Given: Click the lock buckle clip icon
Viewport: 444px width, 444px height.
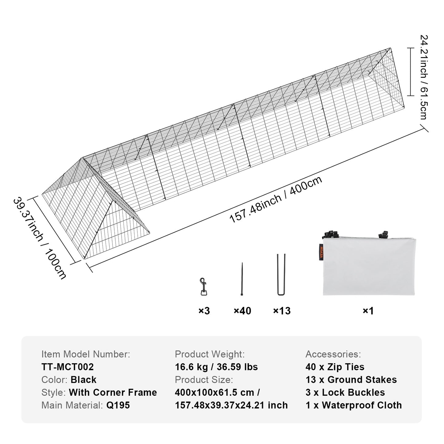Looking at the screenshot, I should (x=203, y=287).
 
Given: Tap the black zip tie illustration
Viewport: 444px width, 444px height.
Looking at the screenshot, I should (x=242, y=279).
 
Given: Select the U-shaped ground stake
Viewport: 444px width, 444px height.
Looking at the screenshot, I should (x=281, y=274).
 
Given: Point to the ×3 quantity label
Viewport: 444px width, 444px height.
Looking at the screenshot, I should (x=204, y=311).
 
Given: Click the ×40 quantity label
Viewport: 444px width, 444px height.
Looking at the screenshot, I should (x=242, y=311).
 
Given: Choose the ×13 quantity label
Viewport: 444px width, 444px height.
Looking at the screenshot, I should (x=282, y=311).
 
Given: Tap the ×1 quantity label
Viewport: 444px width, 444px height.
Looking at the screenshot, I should (x=368, y=311).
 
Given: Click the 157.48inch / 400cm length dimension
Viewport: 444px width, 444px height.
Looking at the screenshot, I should (x=276, y=200).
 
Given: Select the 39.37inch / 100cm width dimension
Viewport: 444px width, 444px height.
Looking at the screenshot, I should (x=40, y=238).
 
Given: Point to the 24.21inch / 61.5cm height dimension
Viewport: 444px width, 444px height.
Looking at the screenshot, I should (x=424, y=77).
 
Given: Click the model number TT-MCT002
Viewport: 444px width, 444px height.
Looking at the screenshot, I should (x=68, y=367).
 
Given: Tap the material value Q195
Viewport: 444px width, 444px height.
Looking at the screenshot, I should (x=118, y=405).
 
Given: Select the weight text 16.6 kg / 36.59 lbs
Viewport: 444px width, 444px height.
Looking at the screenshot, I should (x=216, y=367).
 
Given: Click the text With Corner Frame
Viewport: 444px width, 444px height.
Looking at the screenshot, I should (x=113, y=392).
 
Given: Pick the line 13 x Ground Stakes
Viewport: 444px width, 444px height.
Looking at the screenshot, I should (x=351, y=380).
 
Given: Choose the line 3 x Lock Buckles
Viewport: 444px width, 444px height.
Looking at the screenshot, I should (x=345, y=392).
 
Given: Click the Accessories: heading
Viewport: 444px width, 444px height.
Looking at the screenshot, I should (x=333, y=354).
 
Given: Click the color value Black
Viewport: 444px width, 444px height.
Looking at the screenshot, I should (x=84, y=380).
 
